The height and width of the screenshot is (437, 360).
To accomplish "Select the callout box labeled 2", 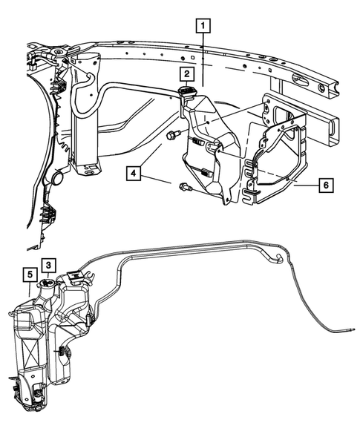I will point(186,74).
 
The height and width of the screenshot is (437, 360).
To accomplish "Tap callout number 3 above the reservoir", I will point(47,265).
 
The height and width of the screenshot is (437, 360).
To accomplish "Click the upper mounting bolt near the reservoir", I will point(174,135).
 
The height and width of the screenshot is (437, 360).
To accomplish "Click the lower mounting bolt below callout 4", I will point(185,189).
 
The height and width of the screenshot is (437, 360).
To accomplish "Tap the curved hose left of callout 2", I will point(119,87).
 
